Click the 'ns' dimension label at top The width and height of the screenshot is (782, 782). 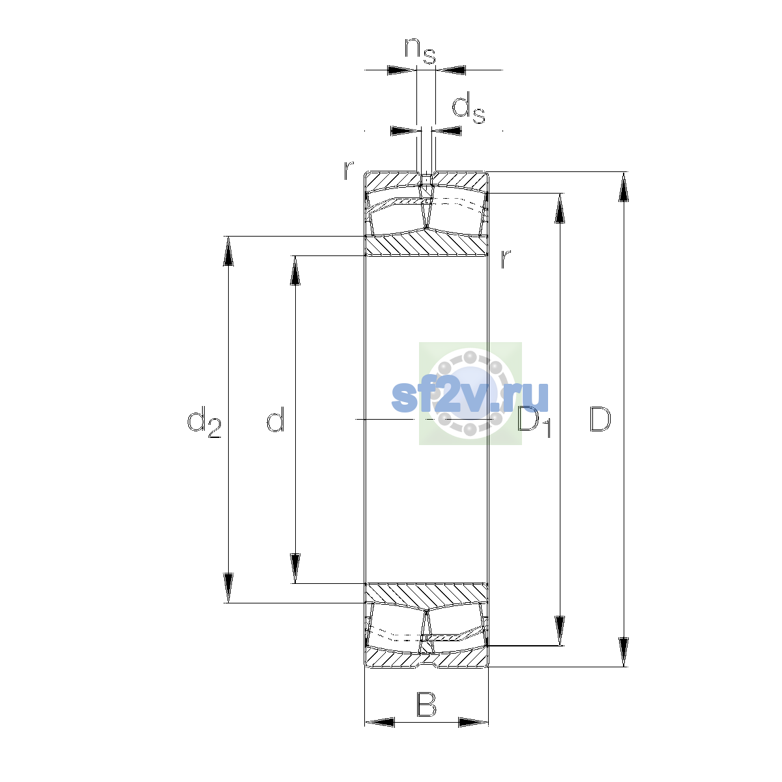[420, 51]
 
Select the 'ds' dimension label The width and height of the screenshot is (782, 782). [469, 108]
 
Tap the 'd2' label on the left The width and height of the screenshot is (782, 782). [204, 422]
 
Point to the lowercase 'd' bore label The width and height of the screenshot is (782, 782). [276, 418]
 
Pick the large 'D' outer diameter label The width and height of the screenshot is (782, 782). [600, 419]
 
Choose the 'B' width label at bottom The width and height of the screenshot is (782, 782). [426, 704]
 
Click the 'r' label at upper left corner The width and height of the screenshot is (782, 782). [349, 171]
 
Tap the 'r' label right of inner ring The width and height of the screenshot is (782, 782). [505, 259]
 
